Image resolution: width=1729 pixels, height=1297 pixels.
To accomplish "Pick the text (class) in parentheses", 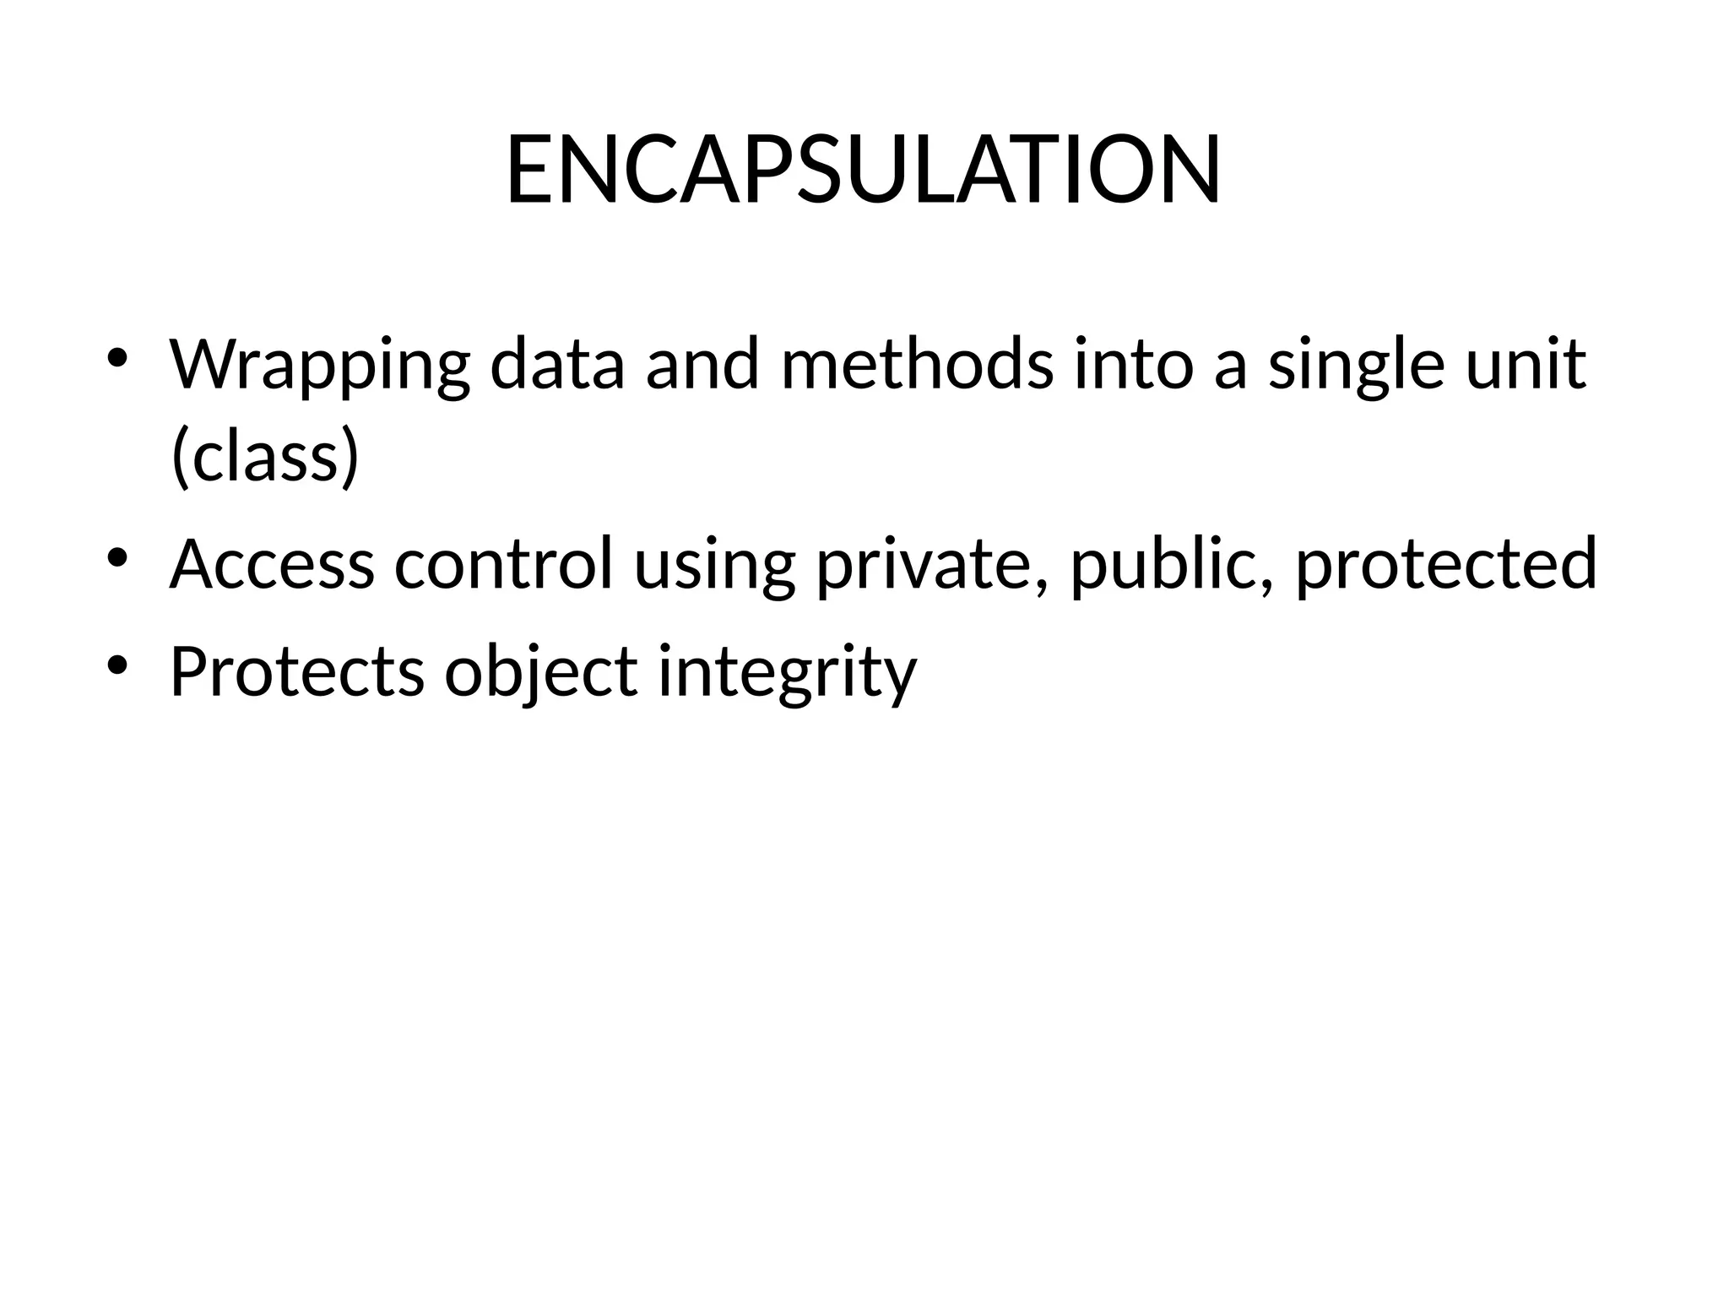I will click(x=265, y=457).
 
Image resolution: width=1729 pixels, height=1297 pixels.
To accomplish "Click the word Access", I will click(x=272, y=563).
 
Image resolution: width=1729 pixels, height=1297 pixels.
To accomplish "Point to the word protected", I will click(x=1445, y=563).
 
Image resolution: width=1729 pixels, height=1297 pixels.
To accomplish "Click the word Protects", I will click(x=297, y=671).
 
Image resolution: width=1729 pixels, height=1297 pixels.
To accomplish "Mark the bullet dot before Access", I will click(x=117, y=556).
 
